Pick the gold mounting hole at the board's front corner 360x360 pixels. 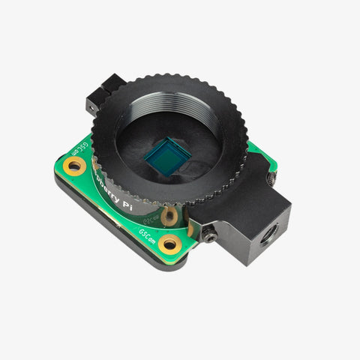[170, 244]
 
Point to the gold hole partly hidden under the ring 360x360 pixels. [170, 216]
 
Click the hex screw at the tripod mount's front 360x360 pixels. [211, 238]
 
